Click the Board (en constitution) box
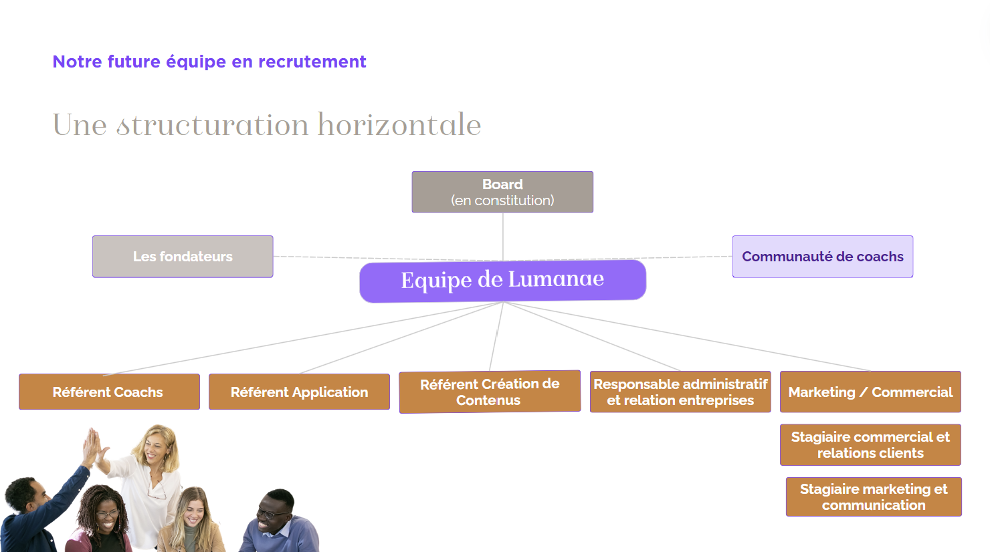coord(502,192)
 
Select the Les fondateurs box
coord(183,257)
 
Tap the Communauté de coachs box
coord(823,257)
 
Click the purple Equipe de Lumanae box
coord(502,281)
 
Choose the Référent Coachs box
coord(109,392)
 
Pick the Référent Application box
coord(299,392)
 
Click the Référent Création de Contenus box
coord(490,392)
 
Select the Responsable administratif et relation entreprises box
coord(680,392)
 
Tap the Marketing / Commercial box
coord(870,392)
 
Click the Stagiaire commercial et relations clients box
coord(870,444)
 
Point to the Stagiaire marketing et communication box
coord(874,497)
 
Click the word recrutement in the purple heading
coord(312,61)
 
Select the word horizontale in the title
coord(399,124)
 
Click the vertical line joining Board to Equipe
coord(503,237)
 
